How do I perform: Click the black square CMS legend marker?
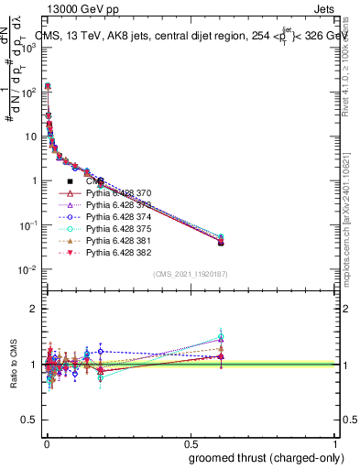pyautogui.click(x=70, y=181)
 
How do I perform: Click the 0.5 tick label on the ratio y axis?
pyautogui.click(x=26, y=420)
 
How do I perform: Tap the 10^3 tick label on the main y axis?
pyautogui.click(x=27, y=47)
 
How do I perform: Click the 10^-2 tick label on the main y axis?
pyautogui.click(x=27, y=269)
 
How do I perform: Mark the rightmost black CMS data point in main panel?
pyautogui.click(x=221, y=242)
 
